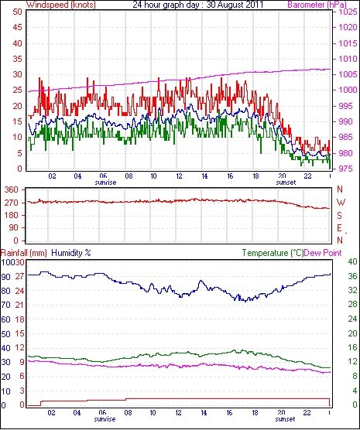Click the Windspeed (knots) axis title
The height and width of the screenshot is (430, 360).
click(61, 5)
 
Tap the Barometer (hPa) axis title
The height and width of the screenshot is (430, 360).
click(317, 5)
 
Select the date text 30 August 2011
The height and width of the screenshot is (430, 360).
click(235, 5)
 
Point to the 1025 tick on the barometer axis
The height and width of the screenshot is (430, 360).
click(348, 12)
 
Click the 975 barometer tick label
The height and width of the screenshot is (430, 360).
click(348, 169)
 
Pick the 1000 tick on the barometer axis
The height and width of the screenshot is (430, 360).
click(348, 90)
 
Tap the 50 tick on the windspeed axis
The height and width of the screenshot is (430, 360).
click(17, 12)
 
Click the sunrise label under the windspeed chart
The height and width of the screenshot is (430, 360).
click(105, 183)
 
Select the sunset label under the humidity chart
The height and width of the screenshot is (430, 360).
click(285, 419)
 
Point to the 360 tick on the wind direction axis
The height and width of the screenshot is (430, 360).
click(12, 189)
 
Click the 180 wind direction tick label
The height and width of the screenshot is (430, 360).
click(12, 215)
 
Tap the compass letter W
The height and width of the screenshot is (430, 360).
click(341, 203)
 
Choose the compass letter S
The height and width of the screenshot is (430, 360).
click(339, 216)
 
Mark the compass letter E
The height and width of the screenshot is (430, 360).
click(339, 228)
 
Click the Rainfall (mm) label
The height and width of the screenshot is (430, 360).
click(24, 253)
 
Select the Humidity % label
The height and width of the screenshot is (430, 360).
click(71, 253)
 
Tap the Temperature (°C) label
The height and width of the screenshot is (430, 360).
click(273, 253)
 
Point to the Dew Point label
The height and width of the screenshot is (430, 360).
click(323, 253)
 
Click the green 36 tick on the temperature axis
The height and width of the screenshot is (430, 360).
click(352, 276)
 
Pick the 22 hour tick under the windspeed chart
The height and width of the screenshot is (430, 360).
click(307, 176)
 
